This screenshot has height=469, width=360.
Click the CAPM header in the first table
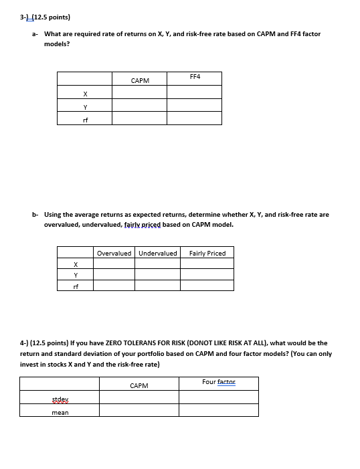coord(140,80)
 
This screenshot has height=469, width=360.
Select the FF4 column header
coord(195,77)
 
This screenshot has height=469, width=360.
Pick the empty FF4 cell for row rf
coord(194,118)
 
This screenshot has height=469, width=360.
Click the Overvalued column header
coord(114,253)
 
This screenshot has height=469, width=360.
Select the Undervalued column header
coord(157,253)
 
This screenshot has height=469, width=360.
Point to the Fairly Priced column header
coord(207,253)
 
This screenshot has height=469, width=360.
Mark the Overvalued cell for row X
coord(114,264)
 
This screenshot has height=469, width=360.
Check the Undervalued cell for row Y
coord(157,274)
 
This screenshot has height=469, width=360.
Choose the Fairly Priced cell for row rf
coord(207,286)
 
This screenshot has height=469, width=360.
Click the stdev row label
coord(60,399)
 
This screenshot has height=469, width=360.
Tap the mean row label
coord(60,412)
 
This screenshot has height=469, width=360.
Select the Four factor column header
coord(218,382)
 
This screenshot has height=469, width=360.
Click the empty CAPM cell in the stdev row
coord(139,398)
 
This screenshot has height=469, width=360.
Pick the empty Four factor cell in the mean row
coord(218,411)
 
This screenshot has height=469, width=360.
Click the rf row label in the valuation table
coord(75,286)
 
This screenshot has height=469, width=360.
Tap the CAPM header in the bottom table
coord(139,385)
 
